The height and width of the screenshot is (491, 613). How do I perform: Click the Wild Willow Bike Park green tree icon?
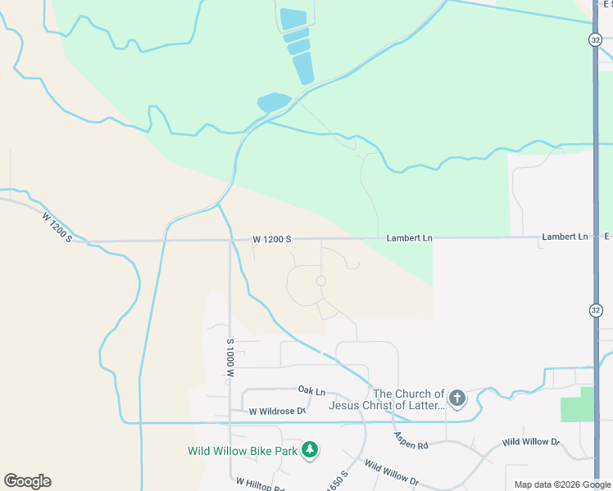coord(309,449)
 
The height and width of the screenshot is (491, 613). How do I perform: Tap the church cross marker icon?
coord(456,399)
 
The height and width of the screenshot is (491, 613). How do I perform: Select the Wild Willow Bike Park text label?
coord(242,450)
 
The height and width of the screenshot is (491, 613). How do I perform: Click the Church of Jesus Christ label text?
coord(387,399)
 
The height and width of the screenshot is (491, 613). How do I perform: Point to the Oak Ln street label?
coord(311,390)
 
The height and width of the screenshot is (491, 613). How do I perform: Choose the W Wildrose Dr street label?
coord(277,411)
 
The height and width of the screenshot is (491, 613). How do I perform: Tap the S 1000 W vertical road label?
coord(231,358)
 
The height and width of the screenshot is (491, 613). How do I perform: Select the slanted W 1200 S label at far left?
coord(57,227)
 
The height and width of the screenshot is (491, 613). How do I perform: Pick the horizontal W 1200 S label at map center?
coord(272,239)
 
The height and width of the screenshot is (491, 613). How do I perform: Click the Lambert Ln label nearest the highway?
coord(565,236)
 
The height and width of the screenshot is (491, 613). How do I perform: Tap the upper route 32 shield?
coord(595,39)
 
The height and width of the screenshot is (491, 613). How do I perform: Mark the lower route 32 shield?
coord(595,309)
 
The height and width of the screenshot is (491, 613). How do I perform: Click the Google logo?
coord(27,481)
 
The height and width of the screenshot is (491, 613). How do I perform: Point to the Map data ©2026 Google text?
coord(562,484)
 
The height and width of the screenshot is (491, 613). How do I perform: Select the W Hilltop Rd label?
coord(259,485)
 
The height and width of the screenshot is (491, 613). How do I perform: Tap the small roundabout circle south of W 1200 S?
coord(320,281)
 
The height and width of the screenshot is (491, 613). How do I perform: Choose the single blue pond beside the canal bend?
coord(274,102)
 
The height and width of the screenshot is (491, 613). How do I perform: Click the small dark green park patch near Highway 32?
coord(578,404)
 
